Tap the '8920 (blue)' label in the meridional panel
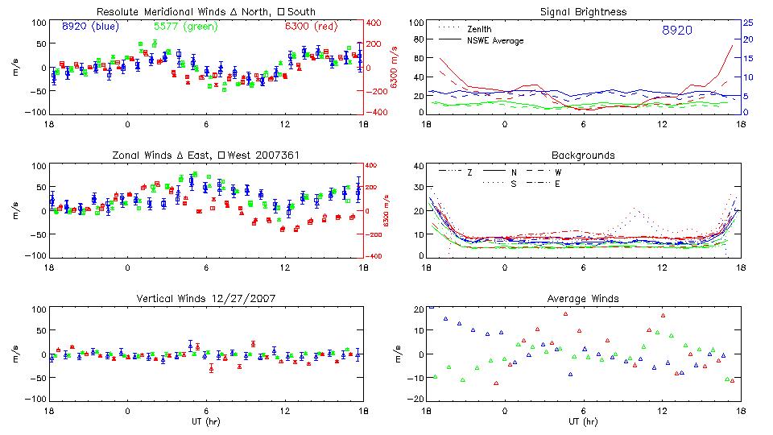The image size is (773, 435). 90,27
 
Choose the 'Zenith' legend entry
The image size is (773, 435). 480,29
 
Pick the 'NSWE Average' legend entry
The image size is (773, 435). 494,40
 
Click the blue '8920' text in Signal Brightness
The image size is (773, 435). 677,31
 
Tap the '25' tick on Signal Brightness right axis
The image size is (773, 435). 747,23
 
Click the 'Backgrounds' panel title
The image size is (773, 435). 583,155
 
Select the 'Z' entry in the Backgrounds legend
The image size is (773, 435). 469,172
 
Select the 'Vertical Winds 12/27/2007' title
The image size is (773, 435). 206,299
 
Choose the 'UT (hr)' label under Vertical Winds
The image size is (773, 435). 206,421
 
